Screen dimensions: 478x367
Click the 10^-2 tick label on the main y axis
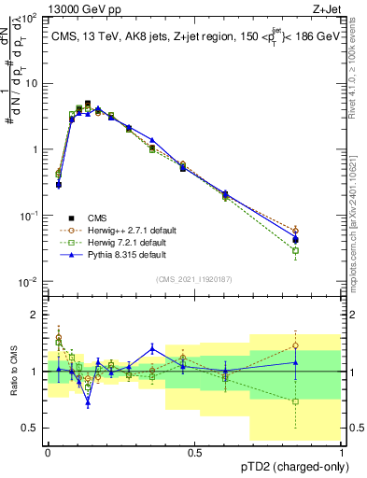pos(28,281)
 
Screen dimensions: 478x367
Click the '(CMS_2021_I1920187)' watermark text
pos(193,278)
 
